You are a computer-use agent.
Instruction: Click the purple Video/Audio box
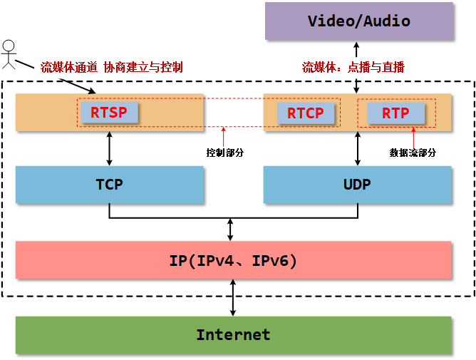(x=359, y=21)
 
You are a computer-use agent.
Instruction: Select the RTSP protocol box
(x=108, y=113)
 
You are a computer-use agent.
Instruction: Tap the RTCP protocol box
(x=305, y=113)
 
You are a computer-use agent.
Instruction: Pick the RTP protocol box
(x=395, y=113)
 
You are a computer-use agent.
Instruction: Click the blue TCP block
(x=109, y=185)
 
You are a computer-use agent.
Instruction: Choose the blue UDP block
(x=357, y=185)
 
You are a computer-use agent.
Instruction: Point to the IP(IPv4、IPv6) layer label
(x=233, y=260)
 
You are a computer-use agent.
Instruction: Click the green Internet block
(x=233, y=334)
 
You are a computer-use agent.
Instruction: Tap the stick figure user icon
(x=9, y=55)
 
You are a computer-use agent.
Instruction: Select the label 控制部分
(x=224, y=153)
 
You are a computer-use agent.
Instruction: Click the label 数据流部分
(x=413, y=153)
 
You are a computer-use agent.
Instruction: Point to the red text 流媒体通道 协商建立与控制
(x=112, y=67)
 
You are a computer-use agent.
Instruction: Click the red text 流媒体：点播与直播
(x=353, y=67)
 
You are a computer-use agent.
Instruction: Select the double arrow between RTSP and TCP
(x=109, y=148)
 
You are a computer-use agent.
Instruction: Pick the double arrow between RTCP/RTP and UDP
(x=357, y=148)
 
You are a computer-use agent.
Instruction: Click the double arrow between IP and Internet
(x=233, y=297)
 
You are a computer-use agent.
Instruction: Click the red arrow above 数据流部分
(x=413, y=137)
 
